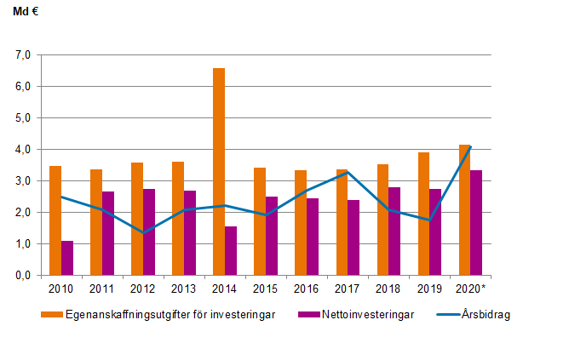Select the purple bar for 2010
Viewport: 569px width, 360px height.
click(67, 258)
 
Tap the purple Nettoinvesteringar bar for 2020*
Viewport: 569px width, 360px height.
click(477, 222)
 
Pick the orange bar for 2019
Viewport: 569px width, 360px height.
click(423, 214)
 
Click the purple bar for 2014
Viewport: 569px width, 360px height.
click(231, 250)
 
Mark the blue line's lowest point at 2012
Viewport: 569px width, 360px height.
click(143, 232)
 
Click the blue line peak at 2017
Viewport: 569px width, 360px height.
click(348, 172)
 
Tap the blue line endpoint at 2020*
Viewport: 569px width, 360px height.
click(470, 146)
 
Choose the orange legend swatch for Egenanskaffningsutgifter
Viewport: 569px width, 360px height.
click(50, 314)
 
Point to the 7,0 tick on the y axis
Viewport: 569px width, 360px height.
click(22, 55)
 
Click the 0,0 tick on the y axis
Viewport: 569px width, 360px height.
click(22, 276)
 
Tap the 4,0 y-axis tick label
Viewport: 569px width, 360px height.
click(22, 150)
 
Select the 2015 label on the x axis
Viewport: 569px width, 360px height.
click(266, 289)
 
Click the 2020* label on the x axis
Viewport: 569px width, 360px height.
click(472, 289)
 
